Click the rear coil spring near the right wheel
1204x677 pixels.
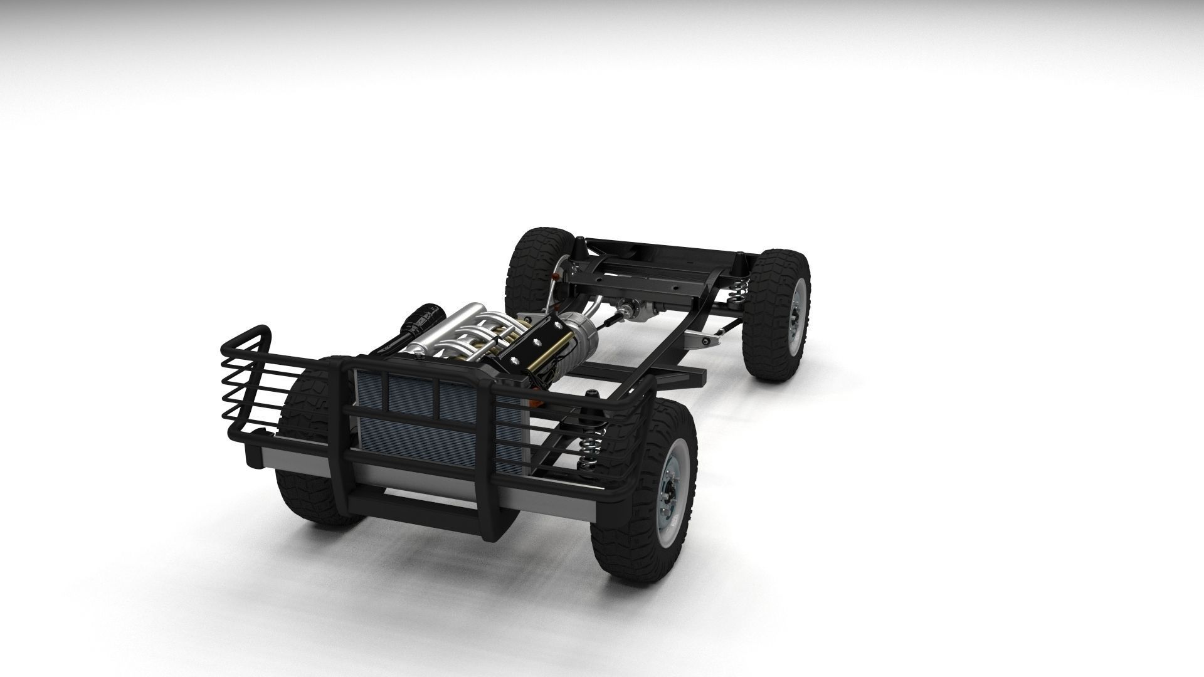tap(739, 295)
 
